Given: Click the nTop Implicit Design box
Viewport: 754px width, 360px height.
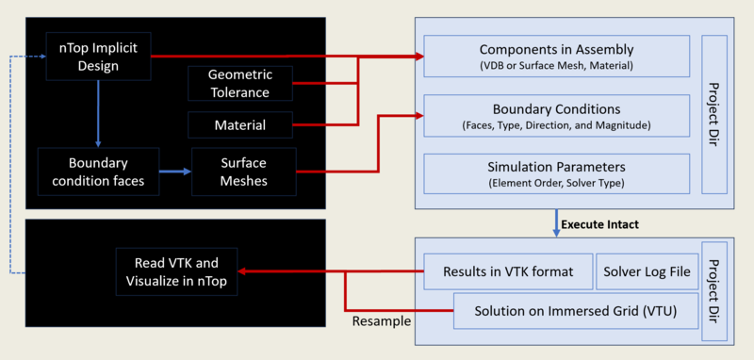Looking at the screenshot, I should pyautogui.click(x=98, y=56).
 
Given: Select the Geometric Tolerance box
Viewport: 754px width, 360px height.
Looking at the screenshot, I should pyautogui.click(x=241, y=84).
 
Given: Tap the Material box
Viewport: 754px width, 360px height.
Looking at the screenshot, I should pyautogui.click(x=241, y=124).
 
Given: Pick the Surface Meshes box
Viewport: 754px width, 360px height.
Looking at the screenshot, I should pyautogui.click(x=243, y=172).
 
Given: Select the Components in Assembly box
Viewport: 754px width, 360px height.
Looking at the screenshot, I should pyautogui.click(x=556, y=57).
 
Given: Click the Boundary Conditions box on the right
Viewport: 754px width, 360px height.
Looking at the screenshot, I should pyautogui.click(x=556, y=116).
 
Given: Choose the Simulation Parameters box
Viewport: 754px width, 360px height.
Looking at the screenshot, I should pyautogui.click(x=556, y=174).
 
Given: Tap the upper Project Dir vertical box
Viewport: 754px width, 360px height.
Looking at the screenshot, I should pyautogui.click(x=713, y=115).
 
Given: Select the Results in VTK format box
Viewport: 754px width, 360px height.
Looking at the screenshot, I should pyautogui.click(x=507, y=272).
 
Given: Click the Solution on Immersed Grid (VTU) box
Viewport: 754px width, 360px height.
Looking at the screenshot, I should pyautogui.click(x=572, y=311).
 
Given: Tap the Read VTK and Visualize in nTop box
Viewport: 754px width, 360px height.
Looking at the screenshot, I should pyautogui.click(x=177, y=272).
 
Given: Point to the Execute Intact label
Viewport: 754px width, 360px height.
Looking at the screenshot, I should pyautogui.click(x=599, y=225).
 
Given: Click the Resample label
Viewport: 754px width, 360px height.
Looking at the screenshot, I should pyautogui.click(x=381, y=321).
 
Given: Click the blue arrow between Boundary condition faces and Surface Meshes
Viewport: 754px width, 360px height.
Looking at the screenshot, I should pyautogui.click(x=173, y=172).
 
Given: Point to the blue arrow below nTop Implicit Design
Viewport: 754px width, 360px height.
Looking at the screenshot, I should pyautogui.click(x=98, y=112).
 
